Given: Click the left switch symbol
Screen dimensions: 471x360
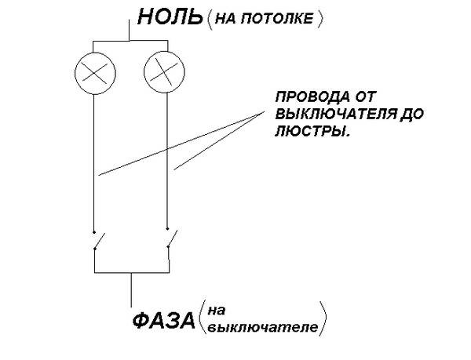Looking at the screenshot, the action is click(x=94, y=240).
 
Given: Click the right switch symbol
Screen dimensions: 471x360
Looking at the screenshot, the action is click(x=170, y=240).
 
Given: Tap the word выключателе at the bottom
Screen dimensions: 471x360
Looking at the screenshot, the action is click(x=263, y=329).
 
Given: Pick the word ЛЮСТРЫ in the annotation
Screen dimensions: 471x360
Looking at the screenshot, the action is click(x=309, y=133).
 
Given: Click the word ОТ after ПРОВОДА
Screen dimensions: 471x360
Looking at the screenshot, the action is click(x=362, y=100).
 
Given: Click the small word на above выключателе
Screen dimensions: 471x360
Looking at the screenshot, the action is click(x=216, y=311).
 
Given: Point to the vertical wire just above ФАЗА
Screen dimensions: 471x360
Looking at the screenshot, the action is click(x=130, y=289).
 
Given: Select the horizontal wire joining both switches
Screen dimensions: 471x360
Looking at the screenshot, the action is click(x=130, y=272).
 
